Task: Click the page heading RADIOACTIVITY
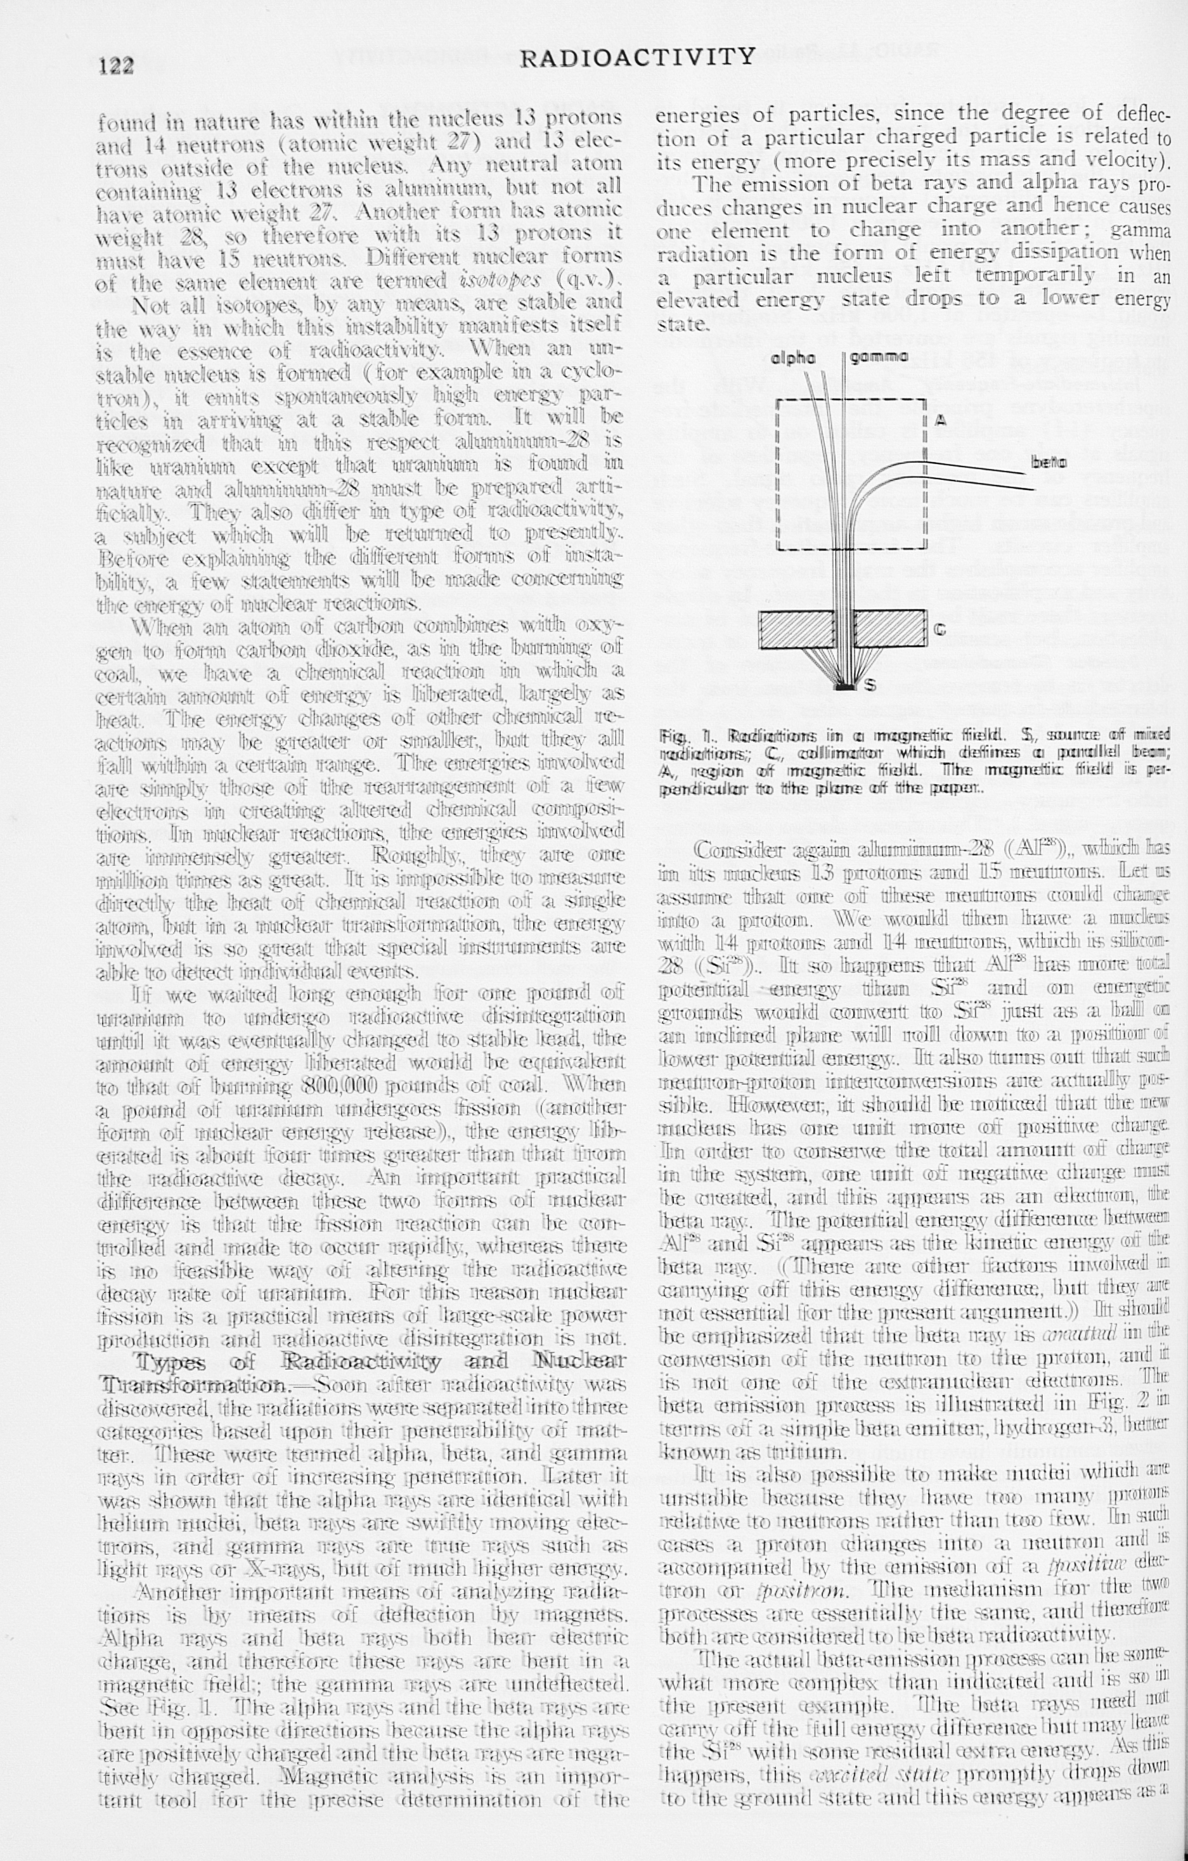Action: pyautogui.click(x=638, y=56)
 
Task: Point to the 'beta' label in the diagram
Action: pyautogui.click(x=1049, y=462)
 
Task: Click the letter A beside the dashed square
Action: pyautogui.click(x=941, y=420)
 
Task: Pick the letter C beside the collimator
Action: pyautogui.click(x=940, y=630)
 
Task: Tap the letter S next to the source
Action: pyautogui.click(x=870, y=684)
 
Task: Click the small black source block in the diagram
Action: pyautogui.click(x=846, y=684)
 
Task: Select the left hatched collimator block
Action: pyautogui.click(x=798, y=630)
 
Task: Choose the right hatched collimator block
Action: pyautogui.click(x=889, y=630)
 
